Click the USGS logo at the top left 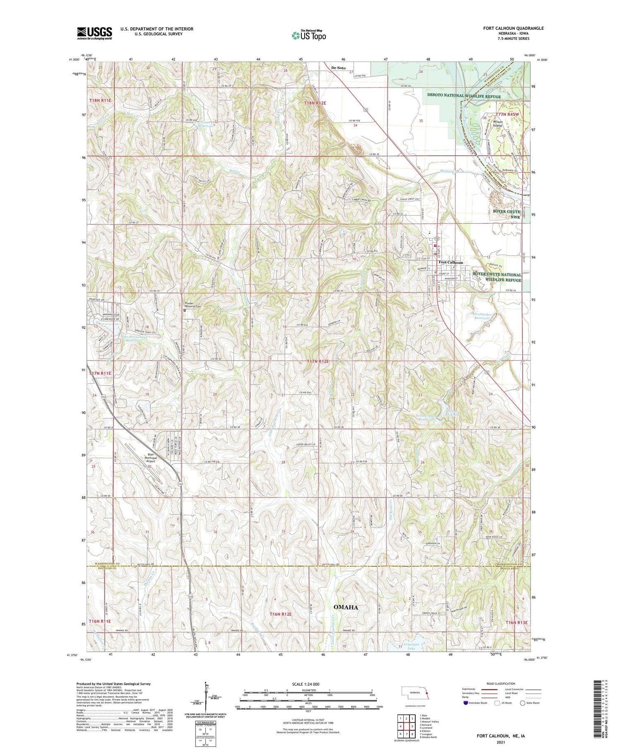94,33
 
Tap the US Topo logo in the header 308,35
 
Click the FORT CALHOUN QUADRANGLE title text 513,28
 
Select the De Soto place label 338,68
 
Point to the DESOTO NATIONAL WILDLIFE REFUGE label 464,96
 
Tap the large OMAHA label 346,607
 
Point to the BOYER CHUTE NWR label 506,214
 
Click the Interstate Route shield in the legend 466,703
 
